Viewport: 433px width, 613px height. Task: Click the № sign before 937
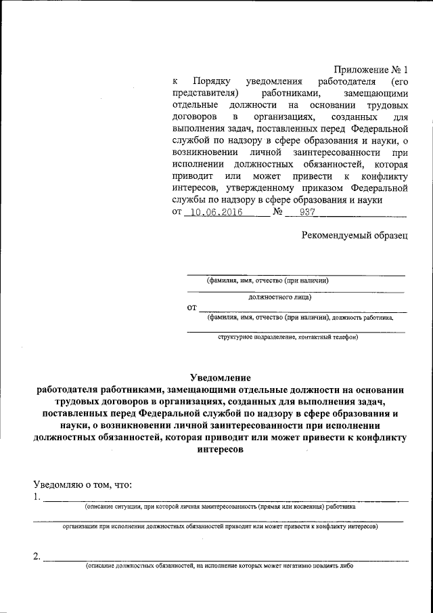pos(277,212)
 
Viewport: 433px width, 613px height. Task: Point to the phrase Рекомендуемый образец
pos(355,235)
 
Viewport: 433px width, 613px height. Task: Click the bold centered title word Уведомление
pos(220,377)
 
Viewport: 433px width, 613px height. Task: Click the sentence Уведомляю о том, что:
pos(82,484)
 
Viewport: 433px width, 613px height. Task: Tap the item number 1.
pos(37,497)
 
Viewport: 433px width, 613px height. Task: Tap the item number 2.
pos(37,557)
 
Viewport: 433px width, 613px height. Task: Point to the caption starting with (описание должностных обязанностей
pos(219,566)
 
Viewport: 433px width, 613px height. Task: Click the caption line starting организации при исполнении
pos(220,526)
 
